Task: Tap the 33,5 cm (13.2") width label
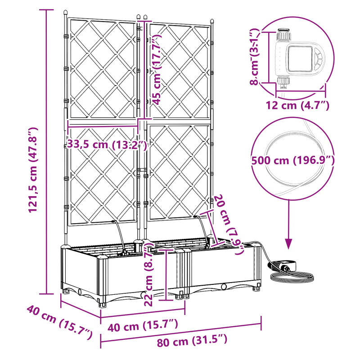click(107, 144)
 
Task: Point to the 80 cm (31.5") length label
click(192, 342)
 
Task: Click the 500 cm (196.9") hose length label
click(293, 160)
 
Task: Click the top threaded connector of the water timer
click(283, 35)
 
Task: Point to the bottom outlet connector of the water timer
click(283, 81)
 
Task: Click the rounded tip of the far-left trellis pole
click(66, 13)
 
